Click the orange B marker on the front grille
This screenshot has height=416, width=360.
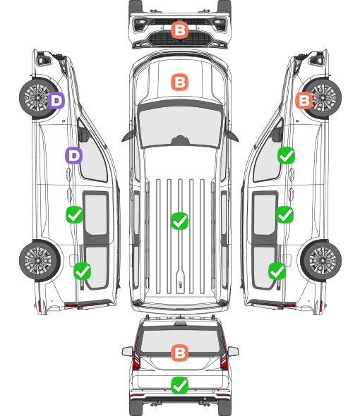(179, 30)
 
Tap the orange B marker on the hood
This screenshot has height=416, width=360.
(179, 82)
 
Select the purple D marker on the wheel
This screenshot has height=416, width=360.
(56, 100)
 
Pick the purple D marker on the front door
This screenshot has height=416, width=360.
(74, 155)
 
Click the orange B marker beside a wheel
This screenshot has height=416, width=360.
(304, 100)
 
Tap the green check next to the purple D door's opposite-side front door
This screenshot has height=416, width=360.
(286, 155)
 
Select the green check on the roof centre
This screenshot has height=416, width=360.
(179, 221)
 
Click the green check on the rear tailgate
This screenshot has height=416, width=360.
(179, 385)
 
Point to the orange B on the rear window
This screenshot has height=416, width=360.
(179, 353)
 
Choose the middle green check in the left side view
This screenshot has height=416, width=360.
(74, 214)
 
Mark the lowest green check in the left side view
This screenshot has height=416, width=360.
(83, 271)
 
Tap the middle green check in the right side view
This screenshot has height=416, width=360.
(284, 214)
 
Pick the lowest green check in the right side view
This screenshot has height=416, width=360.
(277, 271)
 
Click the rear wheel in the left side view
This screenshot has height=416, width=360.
(40, 261)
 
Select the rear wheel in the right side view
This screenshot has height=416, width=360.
(321, 261)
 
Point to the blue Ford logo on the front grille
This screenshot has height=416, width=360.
(179, 41)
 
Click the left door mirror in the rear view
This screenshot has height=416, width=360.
(127, 351)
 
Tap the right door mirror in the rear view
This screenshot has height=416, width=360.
(233, 351)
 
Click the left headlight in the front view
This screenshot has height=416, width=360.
(140, 25)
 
